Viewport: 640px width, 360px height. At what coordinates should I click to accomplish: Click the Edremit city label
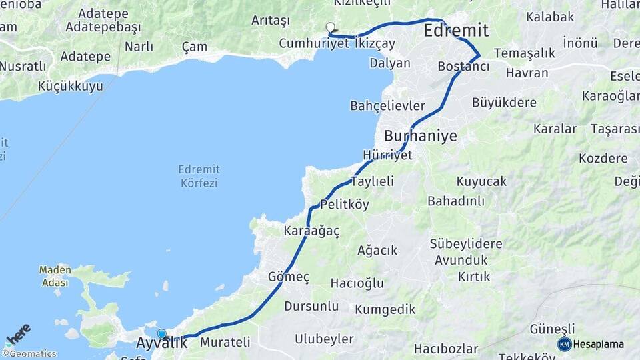456,31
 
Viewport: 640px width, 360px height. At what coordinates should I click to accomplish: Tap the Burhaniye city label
421,136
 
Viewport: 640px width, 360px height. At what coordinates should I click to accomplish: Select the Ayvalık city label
161,344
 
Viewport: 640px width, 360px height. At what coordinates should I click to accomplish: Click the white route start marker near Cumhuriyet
330,27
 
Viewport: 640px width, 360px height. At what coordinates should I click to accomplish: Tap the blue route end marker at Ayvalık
161,334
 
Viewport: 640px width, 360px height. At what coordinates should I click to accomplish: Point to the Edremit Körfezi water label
198,175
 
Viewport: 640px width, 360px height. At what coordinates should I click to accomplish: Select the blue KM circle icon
564,344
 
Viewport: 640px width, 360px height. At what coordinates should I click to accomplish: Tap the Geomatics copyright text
29,354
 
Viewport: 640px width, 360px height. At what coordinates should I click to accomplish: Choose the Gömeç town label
289,277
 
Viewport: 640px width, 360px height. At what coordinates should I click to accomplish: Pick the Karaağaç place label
311,231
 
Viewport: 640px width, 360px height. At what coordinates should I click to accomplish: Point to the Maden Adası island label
54,276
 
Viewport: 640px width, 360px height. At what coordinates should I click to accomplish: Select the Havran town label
527,73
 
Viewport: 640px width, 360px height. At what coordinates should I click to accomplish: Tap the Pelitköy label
344,204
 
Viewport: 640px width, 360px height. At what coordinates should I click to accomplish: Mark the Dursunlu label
311,306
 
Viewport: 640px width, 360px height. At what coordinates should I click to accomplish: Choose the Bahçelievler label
387,106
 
